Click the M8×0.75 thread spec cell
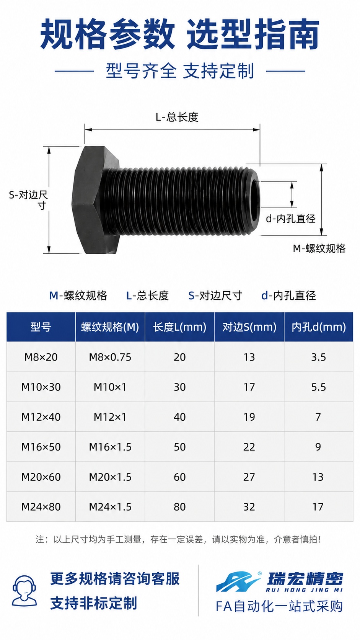pos(110,357)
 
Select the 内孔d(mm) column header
pos(319,327)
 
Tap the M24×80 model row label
pos(41,506)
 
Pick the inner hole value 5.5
pos(318,387)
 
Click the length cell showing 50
pos(179,447)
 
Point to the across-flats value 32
pos(249,506)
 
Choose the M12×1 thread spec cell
pos(110,417)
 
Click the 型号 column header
pos(41,327)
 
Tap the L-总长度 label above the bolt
pos(177,117)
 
